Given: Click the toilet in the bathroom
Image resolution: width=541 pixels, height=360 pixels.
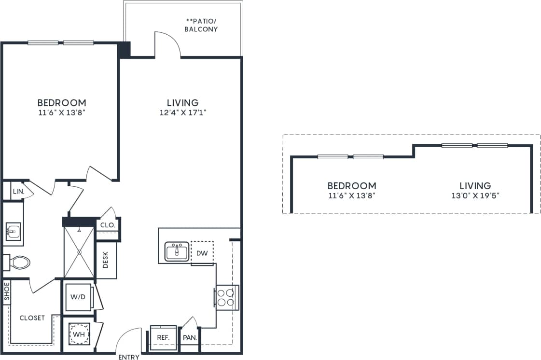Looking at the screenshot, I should (19, 263).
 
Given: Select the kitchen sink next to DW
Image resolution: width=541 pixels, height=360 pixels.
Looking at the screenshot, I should (177, 251).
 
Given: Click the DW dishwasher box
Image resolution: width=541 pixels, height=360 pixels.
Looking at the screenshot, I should (202, 253).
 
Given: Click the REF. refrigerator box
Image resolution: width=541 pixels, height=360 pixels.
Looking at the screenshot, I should (163, 337).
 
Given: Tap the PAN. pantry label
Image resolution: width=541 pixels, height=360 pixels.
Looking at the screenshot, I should (190, 337).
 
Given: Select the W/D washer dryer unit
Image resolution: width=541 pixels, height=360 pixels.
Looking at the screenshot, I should (78, 297).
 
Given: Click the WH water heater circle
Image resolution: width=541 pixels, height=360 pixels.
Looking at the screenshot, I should (78, 333).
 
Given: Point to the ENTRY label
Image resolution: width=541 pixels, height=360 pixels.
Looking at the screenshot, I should (129, 357).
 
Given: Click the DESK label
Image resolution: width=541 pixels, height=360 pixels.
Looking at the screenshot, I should (106, 261).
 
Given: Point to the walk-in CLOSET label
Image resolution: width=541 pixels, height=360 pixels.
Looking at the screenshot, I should (32, 318).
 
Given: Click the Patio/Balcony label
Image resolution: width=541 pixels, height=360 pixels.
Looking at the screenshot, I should (202, 26).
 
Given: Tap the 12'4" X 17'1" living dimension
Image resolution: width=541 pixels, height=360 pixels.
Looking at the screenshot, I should (182, 113).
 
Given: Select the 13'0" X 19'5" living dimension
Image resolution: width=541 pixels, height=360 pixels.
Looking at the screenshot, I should (475, 196).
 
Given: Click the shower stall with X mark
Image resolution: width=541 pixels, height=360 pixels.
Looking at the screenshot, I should (79, 251).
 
